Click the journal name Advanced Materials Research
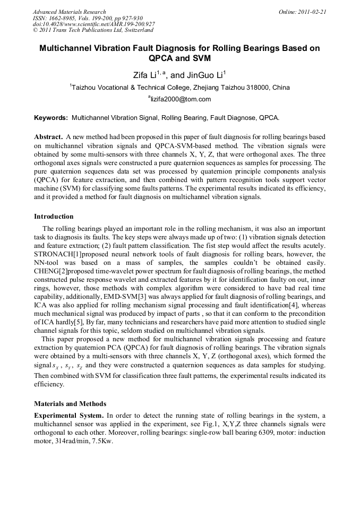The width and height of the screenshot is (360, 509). pyautogui.click(x=69, y=12)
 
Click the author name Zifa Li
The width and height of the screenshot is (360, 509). pyautogui.click(x=143, y=75)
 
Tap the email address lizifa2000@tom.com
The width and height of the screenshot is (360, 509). pyautogui.click(x=181, y=99)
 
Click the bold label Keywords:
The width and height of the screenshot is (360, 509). pyautogui.click(x=51, y=117)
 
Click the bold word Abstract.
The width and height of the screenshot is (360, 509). pyautogui.click(x=49, y=136)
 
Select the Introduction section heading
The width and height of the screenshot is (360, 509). pyautogui.click(x=54, y=217)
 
